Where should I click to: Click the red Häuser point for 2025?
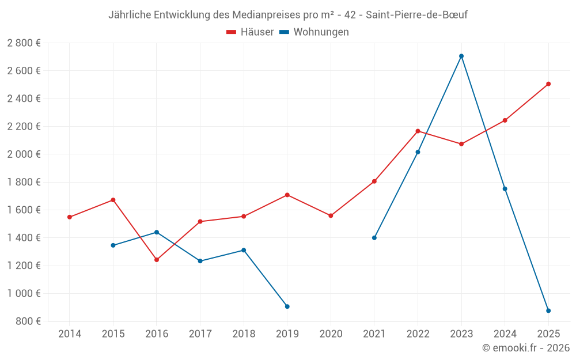548,84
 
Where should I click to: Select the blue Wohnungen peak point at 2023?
461,56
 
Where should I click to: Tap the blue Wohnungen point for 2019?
287,306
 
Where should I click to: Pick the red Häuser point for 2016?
157,260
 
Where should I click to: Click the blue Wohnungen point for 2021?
374,238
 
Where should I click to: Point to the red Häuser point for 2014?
70,217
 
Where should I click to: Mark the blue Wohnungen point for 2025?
548,311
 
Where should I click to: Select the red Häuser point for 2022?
418,131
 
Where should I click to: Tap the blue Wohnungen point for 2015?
113,245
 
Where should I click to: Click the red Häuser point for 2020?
331,216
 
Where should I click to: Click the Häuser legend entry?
250,32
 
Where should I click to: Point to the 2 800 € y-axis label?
24,43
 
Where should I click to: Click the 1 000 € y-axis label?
24,293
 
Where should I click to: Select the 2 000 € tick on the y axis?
24,154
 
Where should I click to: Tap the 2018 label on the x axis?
244,334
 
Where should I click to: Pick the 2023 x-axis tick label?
461,334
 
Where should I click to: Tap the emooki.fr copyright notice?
526,348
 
